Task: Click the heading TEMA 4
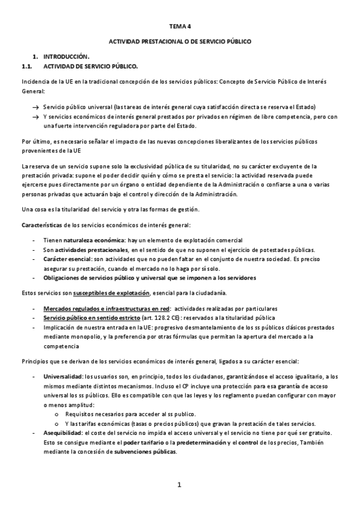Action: [x=180, y=26]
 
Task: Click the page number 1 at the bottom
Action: [x=179, y=484]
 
